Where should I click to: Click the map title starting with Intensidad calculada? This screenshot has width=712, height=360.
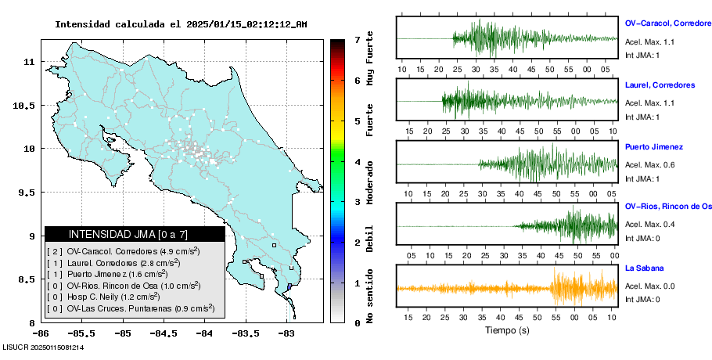(x=181, y=24)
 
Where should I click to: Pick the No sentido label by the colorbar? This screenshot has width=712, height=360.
(x=370, y=298)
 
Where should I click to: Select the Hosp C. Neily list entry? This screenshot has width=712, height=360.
(x=117, y=297)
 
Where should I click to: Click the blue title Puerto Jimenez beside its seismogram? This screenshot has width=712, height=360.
(x=654, y=146)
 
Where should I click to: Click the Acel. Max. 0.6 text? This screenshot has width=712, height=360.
(x=649, y=164)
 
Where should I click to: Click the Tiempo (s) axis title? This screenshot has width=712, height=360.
(x=506, y=330)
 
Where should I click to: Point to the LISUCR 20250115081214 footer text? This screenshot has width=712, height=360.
(x=43, y=346)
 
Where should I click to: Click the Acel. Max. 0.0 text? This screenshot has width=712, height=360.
(x=649, y=286)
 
